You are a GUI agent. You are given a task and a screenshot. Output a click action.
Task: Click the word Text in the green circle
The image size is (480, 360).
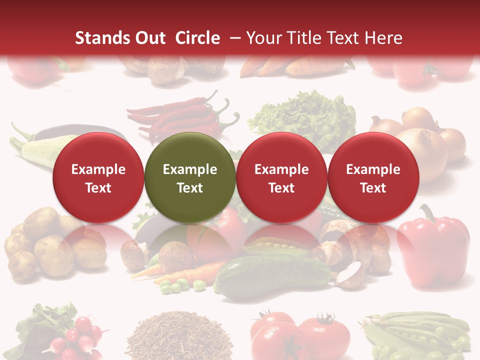tap(190, 188)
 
